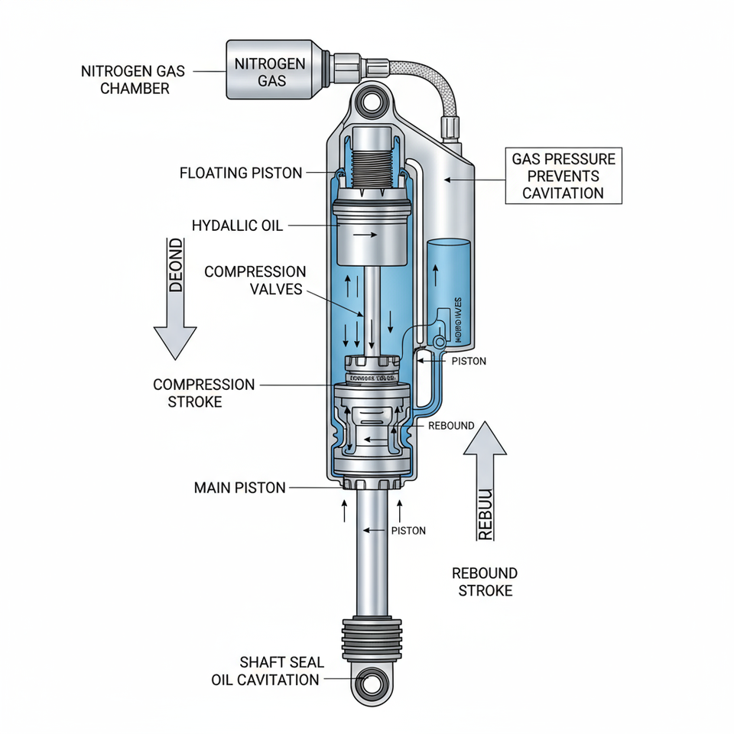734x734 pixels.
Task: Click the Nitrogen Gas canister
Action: pos(269,70)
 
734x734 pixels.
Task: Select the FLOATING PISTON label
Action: pos(241,173)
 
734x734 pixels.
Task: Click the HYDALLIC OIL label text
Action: pos(237,226)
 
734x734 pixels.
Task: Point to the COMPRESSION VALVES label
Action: pos(255,281)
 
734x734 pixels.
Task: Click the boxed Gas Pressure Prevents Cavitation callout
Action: pos(563,176)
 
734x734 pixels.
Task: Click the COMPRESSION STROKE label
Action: pos(203,392)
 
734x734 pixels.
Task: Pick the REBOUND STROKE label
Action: pos(485,581)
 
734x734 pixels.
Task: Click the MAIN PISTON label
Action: pos(239,487)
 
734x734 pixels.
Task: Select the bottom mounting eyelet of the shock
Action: pos(374,680)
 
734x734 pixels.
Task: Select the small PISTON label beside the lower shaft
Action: pos(408,530)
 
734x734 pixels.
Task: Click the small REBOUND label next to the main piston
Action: pos(451,425)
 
